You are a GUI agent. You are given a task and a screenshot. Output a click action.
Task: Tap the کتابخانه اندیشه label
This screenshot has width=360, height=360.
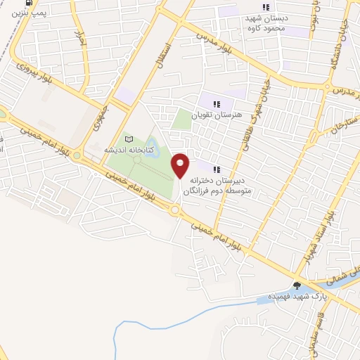tap(124, 150)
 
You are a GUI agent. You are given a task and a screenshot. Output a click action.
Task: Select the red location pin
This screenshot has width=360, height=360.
tap(181, 165)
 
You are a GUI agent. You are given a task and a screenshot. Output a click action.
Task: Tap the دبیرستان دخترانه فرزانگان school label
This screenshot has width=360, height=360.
tap(217, 185)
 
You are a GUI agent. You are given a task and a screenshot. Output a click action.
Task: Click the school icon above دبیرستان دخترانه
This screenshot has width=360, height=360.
tap(217, 169)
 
